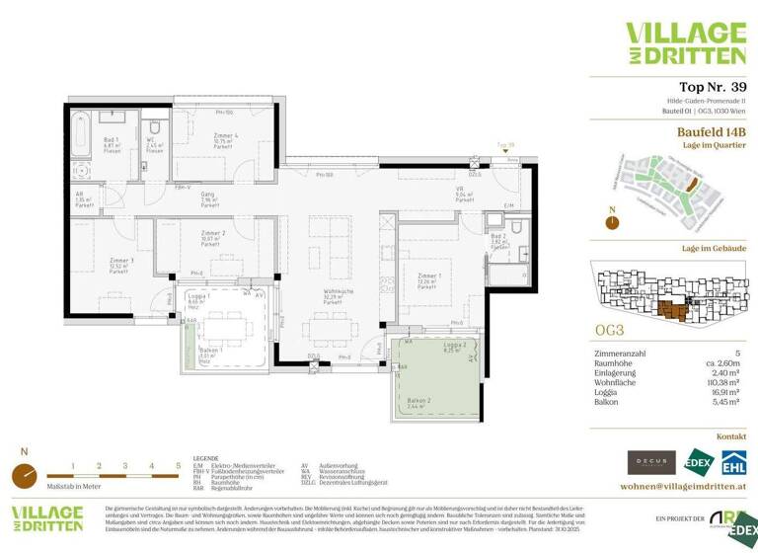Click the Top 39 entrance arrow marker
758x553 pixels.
[x=506, y=150]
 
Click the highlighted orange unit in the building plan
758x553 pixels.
[x=674, y=310]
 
